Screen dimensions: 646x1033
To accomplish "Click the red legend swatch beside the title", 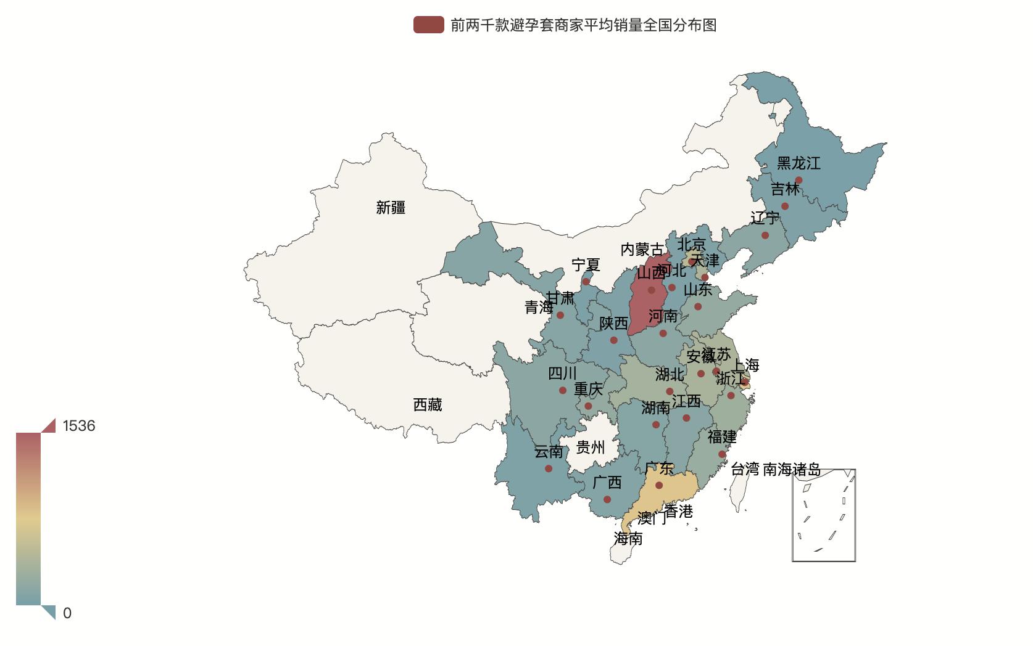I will pos(428,25).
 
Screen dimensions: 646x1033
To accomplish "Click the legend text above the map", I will pos(583,25).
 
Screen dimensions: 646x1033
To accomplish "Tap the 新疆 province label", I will pos(391,208).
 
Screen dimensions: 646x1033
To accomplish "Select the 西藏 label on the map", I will pos(427,405).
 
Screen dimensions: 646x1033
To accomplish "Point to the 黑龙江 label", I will pos(799,163).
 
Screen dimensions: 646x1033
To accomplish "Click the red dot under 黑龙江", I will pos(799,180).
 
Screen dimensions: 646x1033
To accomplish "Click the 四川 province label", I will pos(562,374).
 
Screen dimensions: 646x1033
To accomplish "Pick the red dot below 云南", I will pos(549,468).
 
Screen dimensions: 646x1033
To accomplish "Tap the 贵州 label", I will pos(590,447).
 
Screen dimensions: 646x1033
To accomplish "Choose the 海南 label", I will pos(628,539).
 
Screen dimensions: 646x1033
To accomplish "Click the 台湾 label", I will pos(745,470).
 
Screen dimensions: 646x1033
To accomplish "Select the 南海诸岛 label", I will pos(792,470).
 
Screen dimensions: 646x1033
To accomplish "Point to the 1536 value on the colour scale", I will pos(79,426).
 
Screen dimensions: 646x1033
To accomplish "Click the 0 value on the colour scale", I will pos(67,613).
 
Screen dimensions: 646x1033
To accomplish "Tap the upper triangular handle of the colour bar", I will pos(49,426).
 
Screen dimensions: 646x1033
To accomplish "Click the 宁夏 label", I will pos(586,265).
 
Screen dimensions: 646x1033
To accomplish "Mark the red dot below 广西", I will pos(607,499).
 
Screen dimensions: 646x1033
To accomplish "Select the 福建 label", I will pos(721,437).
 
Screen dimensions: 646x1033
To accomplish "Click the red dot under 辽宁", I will pos(765,235).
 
